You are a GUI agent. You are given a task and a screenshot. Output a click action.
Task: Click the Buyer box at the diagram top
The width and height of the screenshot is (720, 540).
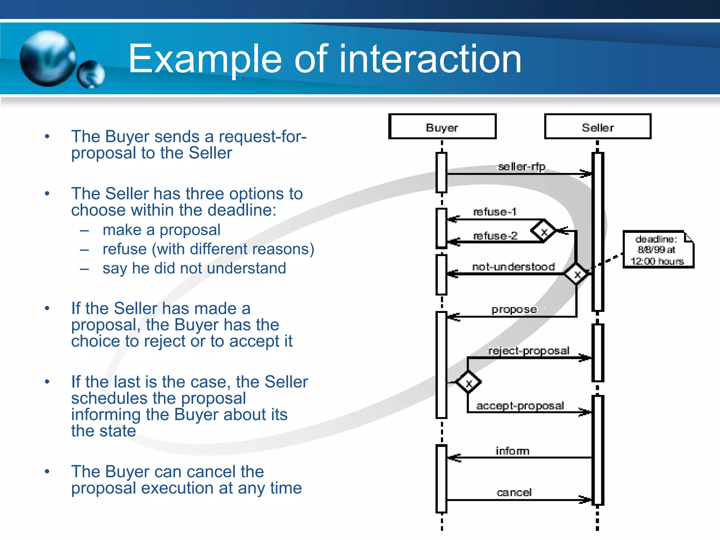(442, 127)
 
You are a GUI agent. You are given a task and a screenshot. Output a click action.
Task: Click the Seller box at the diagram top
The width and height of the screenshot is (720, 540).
(598, 127)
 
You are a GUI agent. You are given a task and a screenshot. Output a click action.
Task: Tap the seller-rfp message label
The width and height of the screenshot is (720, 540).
(521, 166)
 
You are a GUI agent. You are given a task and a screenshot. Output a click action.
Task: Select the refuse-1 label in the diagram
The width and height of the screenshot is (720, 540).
(495, 212)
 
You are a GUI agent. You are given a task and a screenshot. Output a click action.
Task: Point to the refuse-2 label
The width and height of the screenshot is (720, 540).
(495, 236)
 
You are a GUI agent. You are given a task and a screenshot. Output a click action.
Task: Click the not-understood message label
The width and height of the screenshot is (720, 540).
(513, 267)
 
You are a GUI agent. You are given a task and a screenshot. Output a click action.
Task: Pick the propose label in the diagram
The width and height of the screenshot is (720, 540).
(514, 309)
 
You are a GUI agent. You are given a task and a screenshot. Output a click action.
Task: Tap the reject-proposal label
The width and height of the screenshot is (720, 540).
(528, 351)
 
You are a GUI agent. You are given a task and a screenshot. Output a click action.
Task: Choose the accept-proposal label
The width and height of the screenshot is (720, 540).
(520, 406)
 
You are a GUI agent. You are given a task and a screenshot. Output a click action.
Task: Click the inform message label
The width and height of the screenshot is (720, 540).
(512, 451)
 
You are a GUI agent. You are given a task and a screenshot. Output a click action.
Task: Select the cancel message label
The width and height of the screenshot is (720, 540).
(514, 492)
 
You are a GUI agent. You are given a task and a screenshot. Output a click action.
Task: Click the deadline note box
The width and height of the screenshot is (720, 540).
(658, 250)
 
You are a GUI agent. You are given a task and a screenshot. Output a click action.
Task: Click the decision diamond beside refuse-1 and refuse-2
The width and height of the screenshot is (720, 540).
(544, 231)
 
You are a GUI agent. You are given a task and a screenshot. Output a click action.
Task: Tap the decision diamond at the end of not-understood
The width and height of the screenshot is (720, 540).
(577, 274)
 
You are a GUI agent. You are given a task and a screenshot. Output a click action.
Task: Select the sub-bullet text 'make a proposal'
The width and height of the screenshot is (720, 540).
(161, 230)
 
